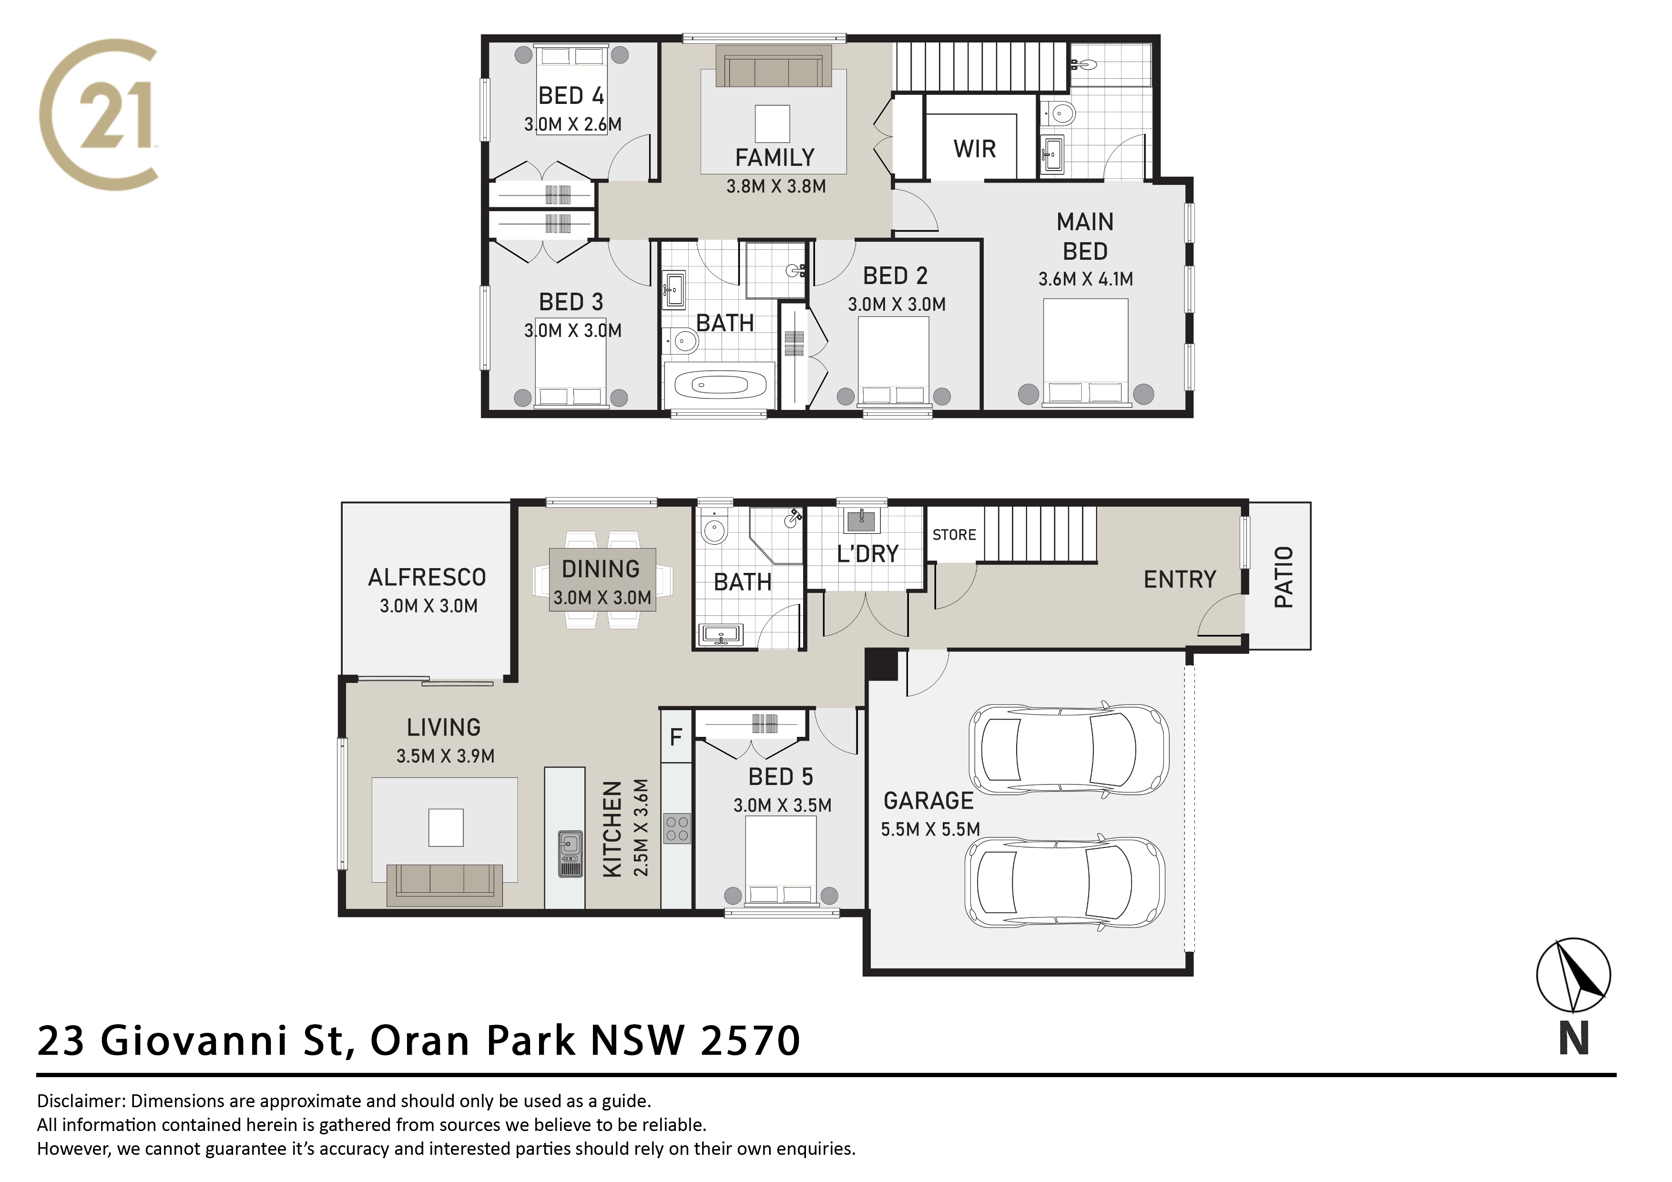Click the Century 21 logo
(98, 114)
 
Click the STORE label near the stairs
(954, 535)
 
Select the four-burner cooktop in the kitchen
(677, 829)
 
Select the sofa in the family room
(774, 66)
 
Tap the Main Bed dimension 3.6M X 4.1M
(1085, 279)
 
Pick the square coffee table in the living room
(446, 828)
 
